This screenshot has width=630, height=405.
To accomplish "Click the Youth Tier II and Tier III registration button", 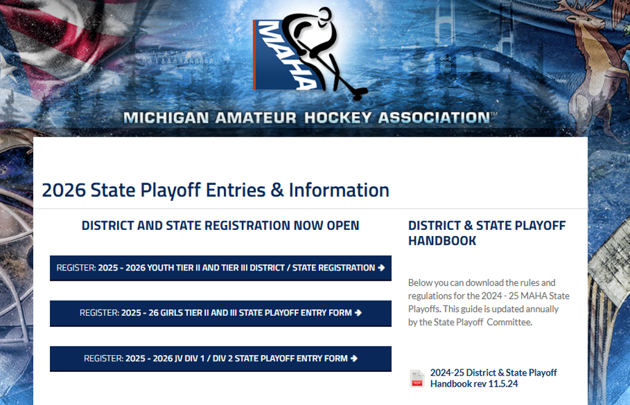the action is [x=221, y=268].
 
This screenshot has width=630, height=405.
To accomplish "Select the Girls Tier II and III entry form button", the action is [x=221, y=313].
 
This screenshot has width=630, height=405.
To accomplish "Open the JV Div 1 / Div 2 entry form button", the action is [x=221, y=358].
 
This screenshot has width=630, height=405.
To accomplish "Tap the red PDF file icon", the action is [x=417, y=379].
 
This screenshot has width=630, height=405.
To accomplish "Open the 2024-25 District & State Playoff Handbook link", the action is [x=493, y=378].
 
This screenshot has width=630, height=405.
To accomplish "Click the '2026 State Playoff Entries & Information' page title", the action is [x=215, y=191].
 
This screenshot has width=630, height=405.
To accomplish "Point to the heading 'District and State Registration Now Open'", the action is [x=220, y=226].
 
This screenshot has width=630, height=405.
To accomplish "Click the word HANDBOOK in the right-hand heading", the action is [x=442, y=241].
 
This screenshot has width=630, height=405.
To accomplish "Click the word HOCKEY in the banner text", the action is [x=338, y=118].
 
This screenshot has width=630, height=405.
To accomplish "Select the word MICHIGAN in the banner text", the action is [x=166, y=118].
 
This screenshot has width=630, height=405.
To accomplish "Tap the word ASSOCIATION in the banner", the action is [x=434, y=118].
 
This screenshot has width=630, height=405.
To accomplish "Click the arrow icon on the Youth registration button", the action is [x=381, y=268].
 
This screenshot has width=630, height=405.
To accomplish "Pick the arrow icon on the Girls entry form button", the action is [x=358, y=313].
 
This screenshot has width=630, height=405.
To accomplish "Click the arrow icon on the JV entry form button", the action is [x=354, y=358].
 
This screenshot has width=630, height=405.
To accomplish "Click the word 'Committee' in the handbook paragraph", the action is [x=509, y=322].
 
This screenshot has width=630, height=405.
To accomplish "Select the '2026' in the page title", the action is [x=63, y=191].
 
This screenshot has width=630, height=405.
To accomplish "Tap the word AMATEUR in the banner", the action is [x=255, y=118].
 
